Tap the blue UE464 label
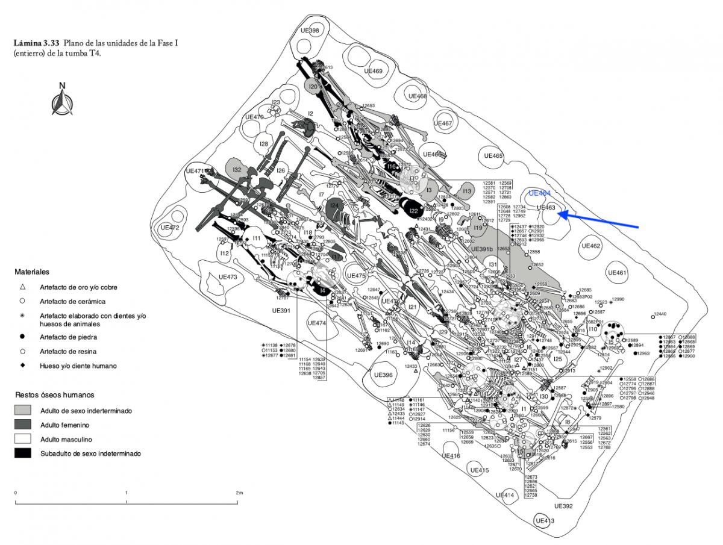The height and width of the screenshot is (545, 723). tap(539, 193)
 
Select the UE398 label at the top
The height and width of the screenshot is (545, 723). tap(310, 30)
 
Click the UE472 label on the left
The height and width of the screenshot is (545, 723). tap(171, 228)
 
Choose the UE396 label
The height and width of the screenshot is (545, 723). tap(380, 375)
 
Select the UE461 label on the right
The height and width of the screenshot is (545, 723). tap(618, 273)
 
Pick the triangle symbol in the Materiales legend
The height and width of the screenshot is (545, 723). tap(22, 287)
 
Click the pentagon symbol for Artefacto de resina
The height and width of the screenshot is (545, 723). tap(22, 351)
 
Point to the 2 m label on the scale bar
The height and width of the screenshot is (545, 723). tap(239, 493)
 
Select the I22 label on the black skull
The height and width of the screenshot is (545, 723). tap(413, 211)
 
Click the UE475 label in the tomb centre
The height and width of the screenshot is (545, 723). tap(356, 276)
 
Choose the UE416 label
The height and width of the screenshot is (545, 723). tap(451, 456)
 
